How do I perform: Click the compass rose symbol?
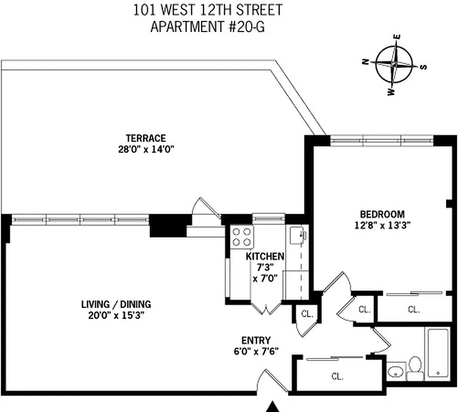click(x=394, y=65)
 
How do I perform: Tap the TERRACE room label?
click(x=146, y=138)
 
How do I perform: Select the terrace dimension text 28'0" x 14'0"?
click(x=146, y=149)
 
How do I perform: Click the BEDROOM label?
click(x=382, y=214)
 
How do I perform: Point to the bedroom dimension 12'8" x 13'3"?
click(x=382, y=225)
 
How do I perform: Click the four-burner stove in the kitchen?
click(x=242, y=237)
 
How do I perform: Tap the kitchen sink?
click(x=297, y=236)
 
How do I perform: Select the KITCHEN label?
click(x=265, y=256)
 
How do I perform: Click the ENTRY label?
click(x=256, y=340)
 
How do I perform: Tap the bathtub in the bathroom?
click(x=438, y=351)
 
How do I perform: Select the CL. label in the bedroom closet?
click(x=414, y=310)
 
